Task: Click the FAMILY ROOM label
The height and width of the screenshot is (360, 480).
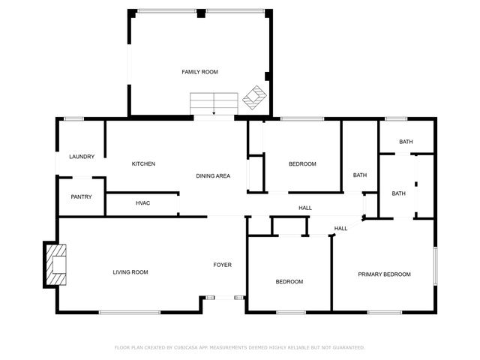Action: point(199,72)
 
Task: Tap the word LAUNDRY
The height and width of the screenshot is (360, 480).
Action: point(82,157)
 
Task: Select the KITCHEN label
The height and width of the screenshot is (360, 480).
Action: point(143,164)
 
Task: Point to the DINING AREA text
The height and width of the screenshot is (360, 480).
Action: point(213,176)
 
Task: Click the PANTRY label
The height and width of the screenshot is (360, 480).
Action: point(81,197)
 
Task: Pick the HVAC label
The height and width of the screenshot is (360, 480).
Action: point(142,203)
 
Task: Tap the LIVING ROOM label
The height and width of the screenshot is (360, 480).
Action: point(130,272)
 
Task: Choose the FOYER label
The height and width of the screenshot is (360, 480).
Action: point(222,265)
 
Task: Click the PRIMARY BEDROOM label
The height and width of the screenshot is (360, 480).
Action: point(384,274)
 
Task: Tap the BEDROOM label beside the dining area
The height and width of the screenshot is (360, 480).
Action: point(302,164)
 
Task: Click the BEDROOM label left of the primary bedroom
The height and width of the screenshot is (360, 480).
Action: point(289,282)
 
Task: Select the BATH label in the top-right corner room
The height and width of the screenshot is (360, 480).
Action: point(406,142)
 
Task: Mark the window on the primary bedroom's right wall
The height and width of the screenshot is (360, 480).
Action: point(435,265)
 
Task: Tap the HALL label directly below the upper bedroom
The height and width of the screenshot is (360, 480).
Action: point(305,208)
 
